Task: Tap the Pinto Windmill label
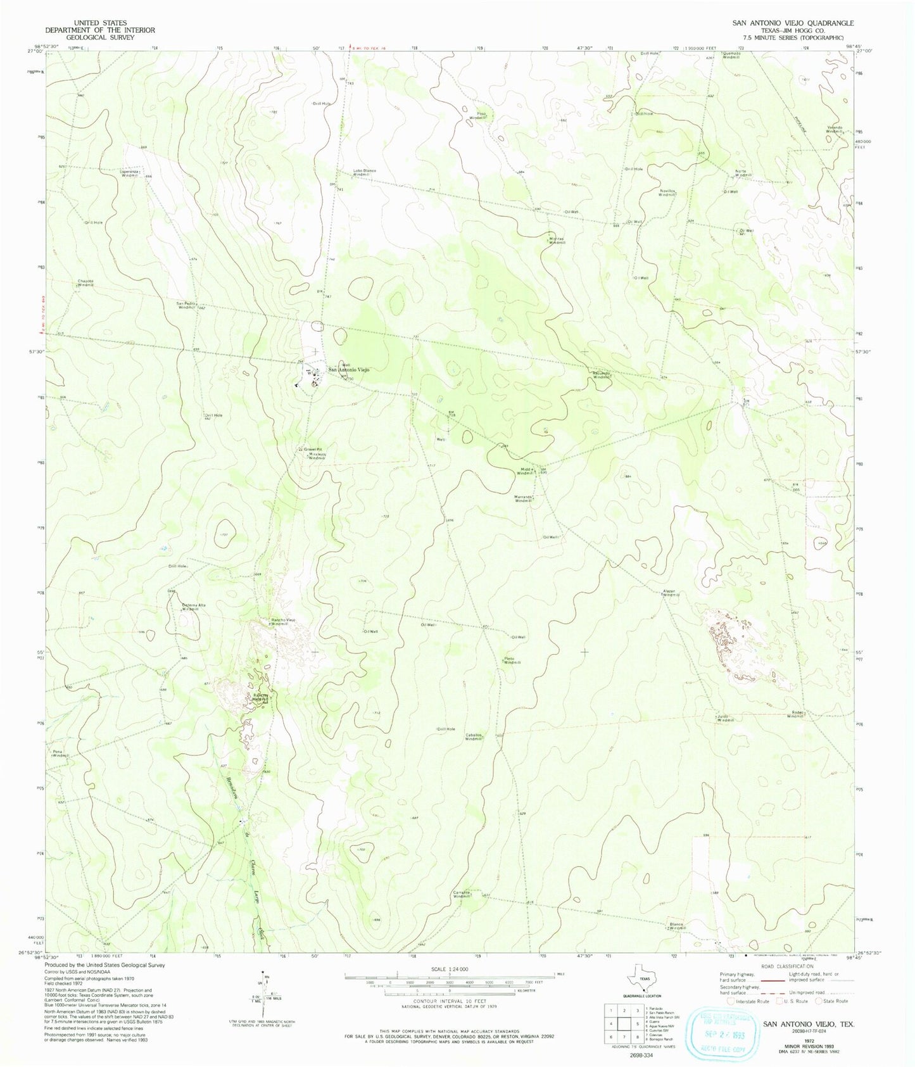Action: click(x=512, y=660)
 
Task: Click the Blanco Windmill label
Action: click(x=677, y=926)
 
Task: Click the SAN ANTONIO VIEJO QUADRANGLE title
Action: click(x=793, y=23)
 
